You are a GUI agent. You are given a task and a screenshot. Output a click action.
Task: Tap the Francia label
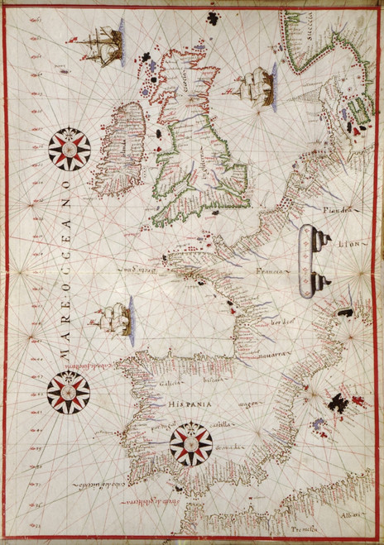tap(271, 270)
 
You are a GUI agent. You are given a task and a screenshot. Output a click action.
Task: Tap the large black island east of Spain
tap(339, 404)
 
